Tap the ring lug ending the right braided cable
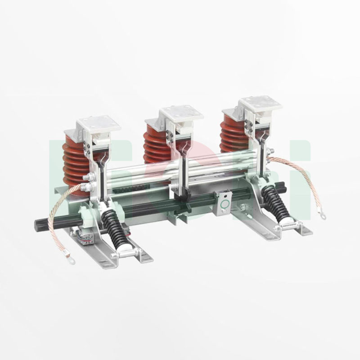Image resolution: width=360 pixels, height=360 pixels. tap(323, 216)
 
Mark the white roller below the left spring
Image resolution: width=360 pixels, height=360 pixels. tap(124, 246)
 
